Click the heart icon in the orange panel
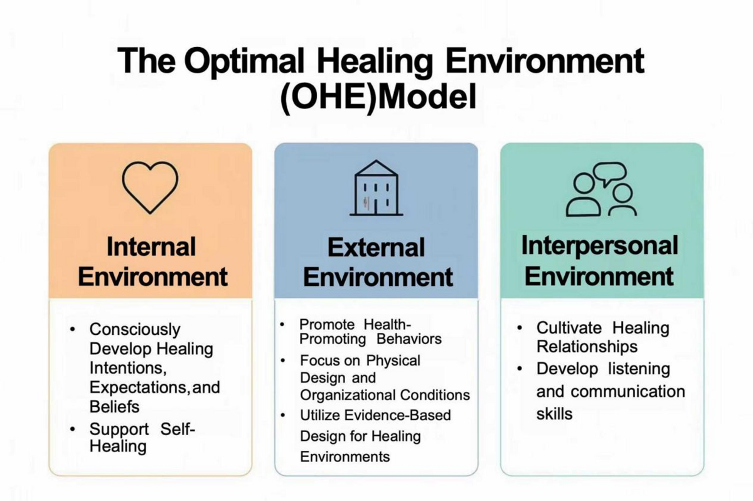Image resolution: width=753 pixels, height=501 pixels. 150,186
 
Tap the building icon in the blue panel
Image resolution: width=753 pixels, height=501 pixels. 376,188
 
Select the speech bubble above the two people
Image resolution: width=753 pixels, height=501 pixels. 609,174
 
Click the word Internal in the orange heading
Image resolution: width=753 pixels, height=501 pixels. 151,246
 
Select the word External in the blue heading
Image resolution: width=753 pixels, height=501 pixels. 376,248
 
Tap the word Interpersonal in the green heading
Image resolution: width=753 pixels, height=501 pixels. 600,245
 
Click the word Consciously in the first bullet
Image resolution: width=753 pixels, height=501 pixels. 135,329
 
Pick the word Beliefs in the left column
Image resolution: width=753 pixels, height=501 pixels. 114,406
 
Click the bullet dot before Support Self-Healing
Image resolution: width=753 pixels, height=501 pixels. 74,430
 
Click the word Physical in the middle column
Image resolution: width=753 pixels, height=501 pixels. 393,361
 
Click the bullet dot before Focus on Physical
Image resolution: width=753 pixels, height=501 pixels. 284,361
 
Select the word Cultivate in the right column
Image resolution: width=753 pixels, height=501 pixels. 570,327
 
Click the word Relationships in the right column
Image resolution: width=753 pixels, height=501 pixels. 587,347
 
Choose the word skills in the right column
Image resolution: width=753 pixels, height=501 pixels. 554,413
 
